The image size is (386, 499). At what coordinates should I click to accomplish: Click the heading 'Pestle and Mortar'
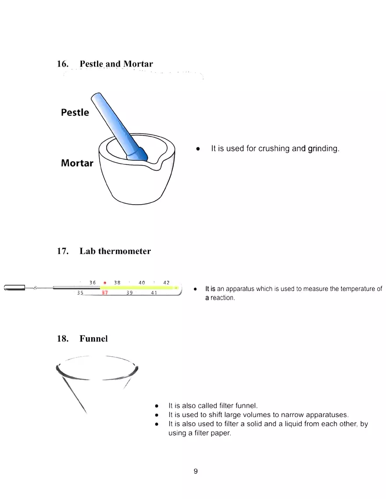point(116,64)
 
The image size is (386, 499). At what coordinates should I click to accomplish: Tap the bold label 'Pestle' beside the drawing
point(75,113)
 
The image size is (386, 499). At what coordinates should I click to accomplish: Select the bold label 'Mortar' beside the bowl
point(77,163)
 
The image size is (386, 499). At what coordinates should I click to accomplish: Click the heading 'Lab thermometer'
point(115,251)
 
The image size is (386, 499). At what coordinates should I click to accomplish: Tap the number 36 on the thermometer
point(93,283)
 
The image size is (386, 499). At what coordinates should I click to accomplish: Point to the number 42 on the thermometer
point(166,283)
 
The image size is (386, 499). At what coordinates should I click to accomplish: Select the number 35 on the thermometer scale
point(80,293)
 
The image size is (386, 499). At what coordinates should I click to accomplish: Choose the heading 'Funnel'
point(93,339)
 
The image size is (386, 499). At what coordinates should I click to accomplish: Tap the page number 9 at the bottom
point(195,471)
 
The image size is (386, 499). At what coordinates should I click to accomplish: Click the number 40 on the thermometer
point(142,283)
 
